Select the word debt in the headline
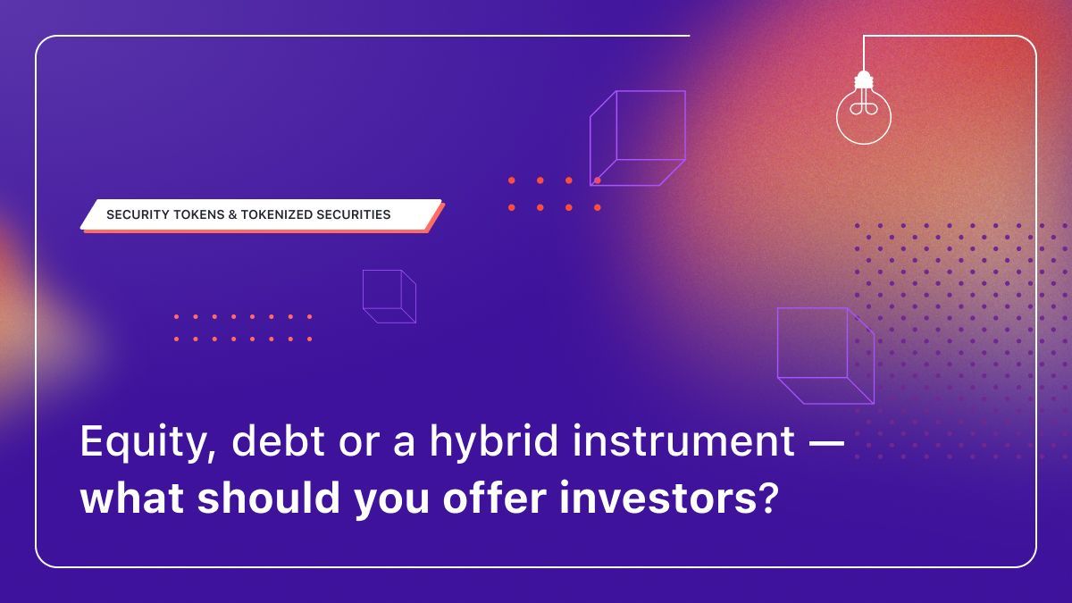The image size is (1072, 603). coord(260,442)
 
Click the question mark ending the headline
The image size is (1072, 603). coord(761,498)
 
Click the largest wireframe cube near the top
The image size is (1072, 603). coord(637,138)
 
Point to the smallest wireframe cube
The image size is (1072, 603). coord(389,296)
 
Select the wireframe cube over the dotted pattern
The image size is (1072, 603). coord(825,355)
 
